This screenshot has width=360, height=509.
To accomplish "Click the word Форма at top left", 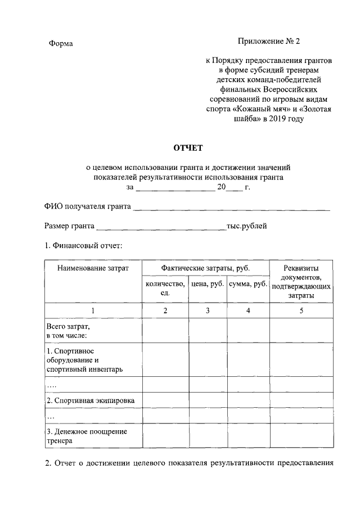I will click(61, 44).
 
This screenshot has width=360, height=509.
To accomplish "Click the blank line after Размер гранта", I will click(161, 227).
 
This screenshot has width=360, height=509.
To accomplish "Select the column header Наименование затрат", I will click(93, 268).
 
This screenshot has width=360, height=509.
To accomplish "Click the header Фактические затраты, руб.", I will click(205, 268).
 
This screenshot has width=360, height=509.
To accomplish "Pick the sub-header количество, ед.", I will click(165, 289).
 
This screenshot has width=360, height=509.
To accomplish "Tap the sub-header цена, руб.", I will click(208, 285).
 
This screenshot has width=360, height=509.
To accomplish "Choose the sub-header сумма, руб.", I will click(248, 285).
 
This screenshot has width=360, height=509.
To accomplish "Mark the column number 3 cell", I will click(208, 311).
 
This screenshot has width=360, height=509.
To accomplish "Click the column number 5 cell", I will click(301, 311).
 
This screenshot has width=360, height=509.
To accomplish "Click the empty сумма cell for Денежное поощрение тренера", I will click(248, 436).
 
